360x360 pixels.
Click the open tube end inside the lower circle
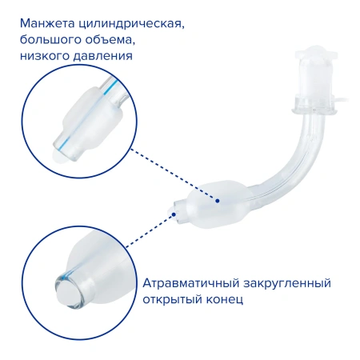[x=68, y=287]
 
